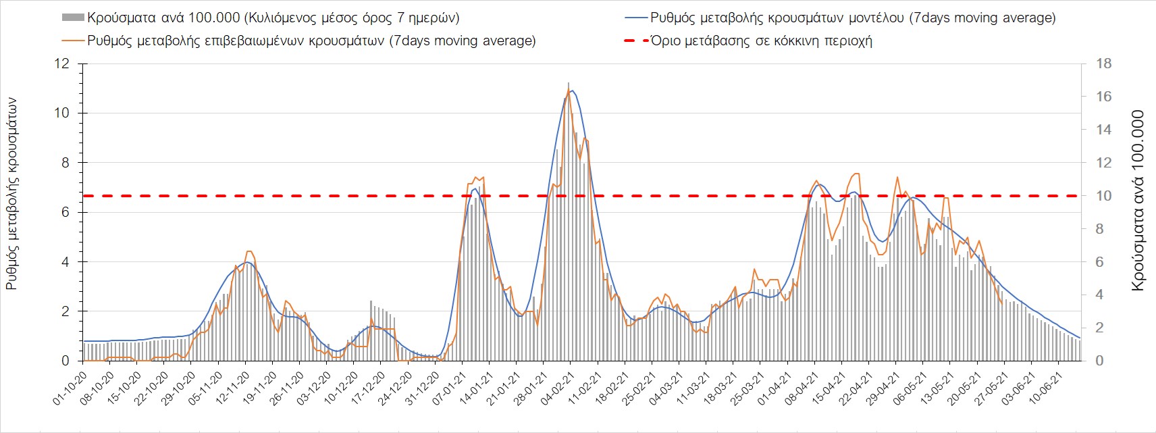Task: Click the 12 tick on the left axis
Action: [x=62, y=63]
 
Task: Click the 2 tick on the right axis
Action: [x=1099, y=328]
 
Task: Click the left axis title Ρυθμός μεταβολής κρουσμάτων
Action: [x=11, y=194]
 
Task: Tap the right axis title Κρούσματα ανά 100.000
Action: [x=1138, y=201]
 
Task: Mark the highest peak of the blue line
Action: [x=573, y=90]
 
